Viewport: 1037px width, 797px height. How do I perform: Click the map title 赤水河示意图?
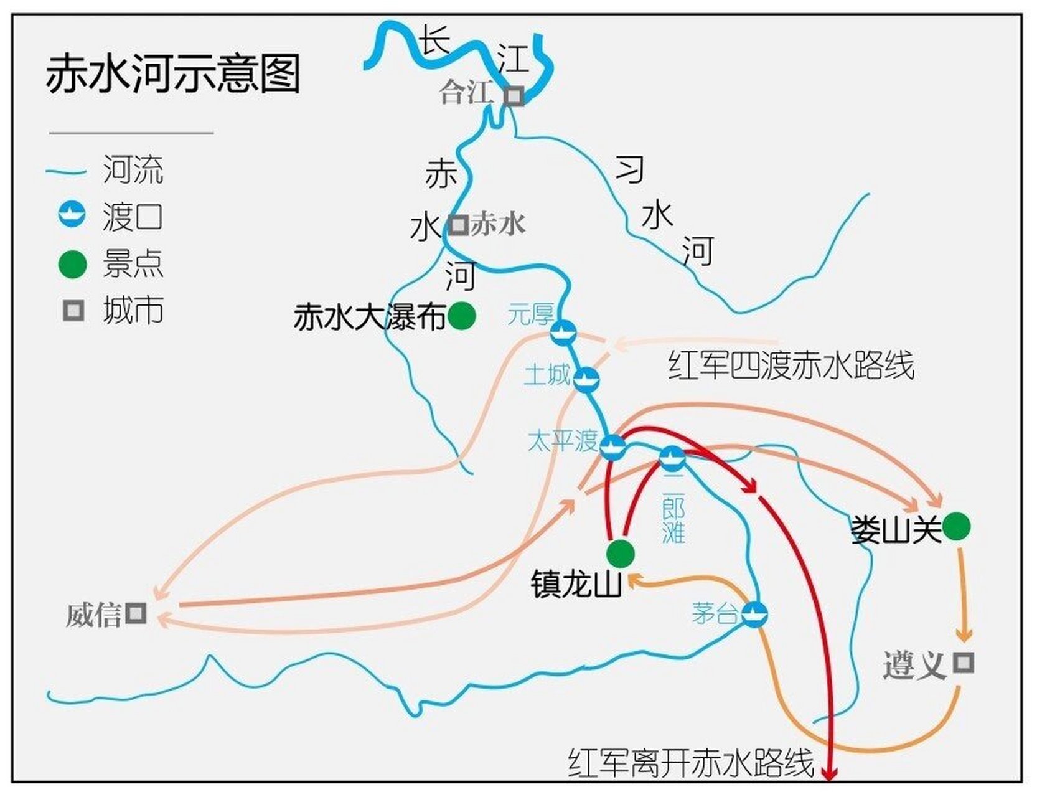173,73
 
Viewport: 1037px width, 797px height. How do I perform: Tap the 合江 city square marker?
514,97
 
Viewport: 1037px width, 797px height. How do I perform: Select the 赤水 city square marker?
459,225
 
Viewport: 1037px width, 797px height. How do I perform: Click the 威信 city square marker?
136,613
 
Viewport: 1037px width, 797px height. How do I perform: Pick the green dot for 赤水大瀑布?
461,316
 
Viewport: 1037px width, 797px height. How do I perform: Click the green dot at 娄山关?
956,527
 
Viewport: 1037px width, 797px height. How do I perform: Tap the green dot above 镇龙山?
621,552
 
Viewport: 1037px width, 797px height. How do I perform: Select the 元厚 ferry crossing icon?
563,332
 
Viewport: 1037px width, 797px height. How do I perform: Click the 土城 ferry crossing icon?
586,379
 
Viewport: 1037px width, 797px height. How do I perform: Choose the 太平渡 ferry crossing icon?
613,446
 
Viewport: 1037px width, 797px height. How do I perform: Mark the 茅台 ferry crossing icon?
754,614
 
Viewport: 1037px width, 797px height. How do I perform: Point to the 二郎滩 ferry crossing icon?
672,459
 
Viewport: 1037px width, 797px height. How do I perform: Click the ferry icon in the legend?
72,215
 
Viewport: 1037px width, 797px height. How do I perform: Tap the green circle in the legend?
72,264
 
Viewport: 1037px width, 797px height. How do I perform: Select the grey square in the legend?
73,311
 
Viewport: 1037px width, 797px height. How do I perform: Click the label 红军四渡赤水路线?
791,365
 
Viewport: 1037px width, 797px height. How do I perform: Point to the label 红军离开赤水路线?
691,762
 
